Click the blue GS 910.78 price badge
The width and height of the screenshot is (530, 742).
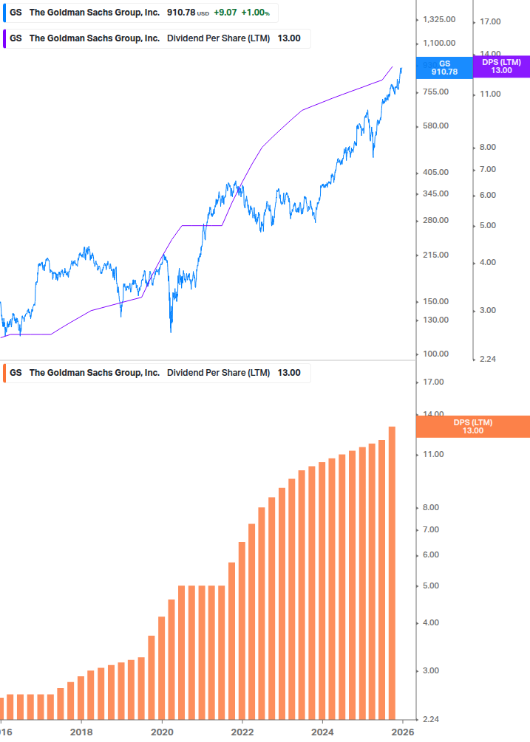pyautogui.click(x=444, y=68)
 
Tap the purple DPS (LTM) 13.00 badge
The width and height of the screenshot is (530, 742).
pyautogui.click(x=501, y=66)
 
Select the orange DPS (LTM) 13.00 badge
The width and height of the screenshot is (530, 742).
pyautogui.click(x=473, y=426)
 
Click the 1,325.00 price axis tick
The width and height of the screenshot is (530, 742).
pyautogui.click(x=438, y=20)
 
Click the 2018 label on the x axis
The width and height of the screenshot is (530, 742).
pyautogui.click(x=81, y=732)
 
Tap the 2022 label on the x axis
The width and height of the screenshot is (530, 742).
pyautogui.click(x=242, y=732)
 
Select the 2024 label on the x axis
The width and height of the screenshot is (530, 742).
pyautogui.click(x=322, y=732)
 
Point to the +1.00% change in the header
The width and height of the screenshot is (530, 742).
pyautogui.click(x=255, y=13)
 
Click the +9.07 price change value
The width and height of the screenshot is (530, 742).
pyautogui.click(x=225, y=13)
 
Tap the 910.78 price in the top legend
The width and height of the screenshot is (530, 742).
pyautogui.click(x=180, y=13)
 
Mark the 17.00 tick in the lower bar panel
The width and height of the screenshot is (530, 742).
pyautogui.click(x=434, y=382)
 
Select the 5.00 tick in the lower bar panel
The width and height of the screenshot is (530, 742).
pyautogui.click(x=434, y=585)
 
